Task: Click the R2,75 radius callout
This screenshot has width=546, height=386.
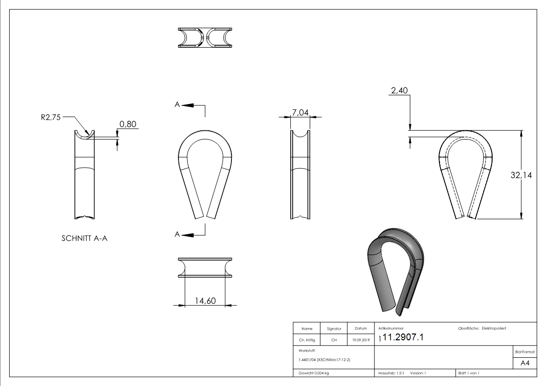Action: click(x=51, y=117)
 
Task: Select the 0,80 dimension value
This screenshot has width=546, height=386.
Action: click(x=127, y=124)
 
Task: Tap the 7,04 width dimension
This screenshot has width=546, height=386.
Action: click(x=299, y=113)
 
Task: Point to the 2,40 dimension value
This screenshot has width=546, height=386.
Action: click(x=399, y=90)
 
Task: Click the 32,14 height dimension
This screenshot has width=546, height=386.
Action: click(x=521, y=175)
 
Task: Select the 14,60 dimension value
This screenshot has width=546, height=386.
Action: click(x=205, y=301)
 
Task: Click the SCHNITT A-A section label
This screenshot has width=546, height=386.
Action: click(x=84, y=238)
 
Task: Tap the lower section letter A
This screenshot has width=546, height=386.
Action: click(x=178, y=235)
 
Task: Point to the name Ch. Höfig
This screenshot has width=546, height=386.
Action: click(x=307, y=340)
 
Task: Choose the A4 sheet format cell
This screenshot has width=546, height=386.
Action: click(x=525, y=363)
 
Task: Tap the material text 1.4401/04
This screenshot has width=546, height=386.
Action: click(x=305, y=360)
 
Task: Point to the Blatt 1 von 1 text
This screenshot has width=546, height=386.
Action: click(x=469, y=373)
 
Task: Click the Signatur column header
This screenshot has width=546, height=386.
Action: click(x=334, y=329)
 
